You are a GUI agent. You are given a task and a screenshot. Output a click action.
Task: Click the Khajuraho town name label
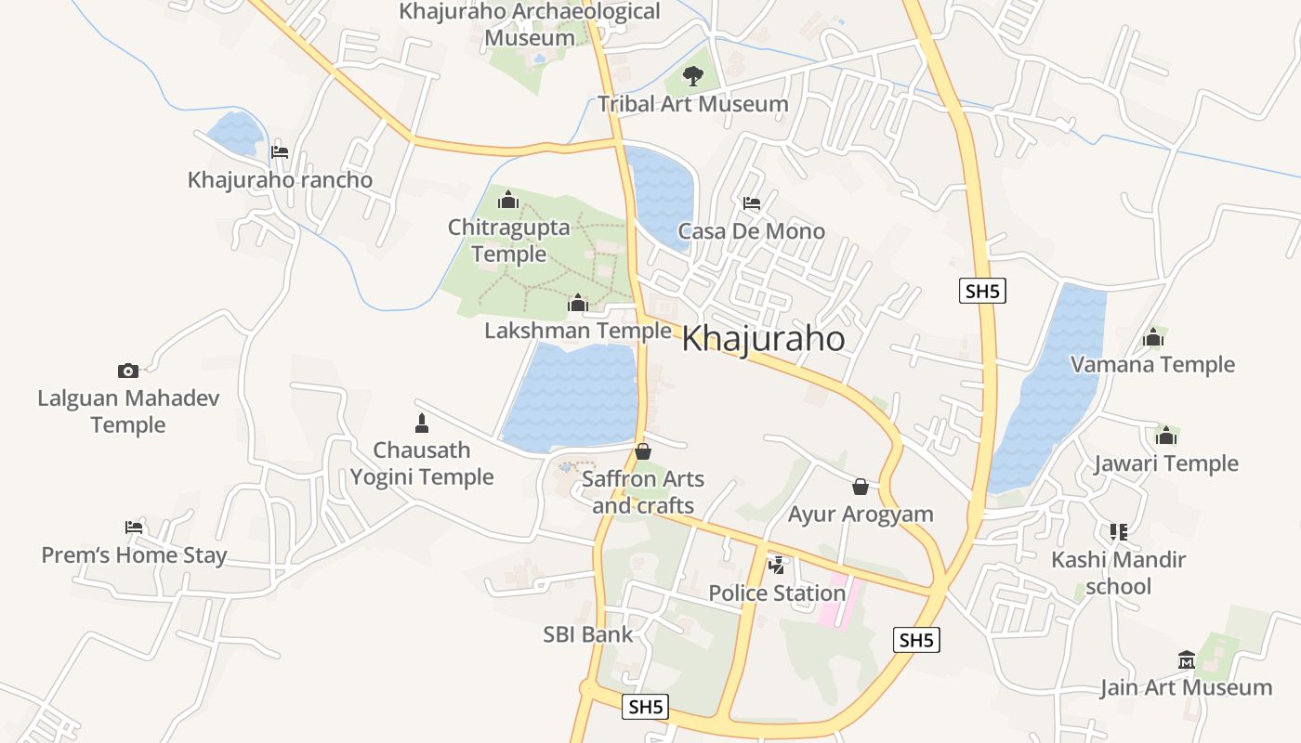click(763, 339)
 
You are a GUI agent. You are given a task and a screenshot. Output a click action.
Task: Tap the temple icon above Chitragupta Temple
click(507, 200)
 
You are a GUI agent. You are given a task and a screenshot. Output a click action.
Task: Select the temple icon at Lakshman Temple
click(578, 303)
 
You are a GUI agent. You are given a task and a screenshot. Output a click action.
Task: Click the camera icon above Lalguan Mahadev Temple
click(128, 371)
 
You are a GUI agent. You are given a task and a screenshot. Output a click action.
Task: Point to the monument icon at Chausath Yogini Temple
click(422, 424)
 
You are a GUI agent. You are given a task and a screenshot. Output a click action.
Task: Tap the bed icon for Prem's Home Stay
click(134, 528)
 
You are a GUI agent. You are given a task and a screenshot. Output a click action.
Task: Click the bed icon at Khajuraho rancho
click(280, 152)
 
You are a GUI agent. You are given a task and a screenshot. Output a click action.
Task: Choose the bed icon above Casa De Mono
click(752, 203)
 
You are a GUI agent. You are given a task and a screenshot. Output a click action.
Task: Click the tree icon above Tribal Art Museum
click(692, 76)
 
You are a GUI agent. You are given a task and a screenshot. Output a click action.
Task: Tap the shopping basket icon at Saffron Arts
click(642, 451)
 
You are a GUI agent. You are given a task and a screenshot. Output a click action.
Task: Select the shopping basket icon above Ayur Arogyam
click(861, 486)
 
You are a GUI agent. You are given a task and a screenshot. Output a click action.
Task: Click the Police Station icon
click(776, 565)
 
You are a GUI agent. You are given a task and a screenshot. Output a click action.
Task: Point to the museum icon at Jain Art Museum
click(1186, 659)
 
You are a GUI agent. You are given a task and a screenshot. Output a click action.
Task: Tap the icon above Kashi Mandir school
click(1118, 532)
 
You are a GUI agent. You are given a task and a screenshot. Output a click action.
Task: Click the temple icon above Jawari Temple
click(1166, 435)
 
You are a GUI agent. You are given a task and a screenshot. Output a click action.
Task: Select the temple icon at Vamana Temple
click(1153, 337)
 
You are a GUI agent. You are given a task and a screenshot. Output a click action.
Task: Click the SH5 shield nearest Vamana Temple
click(982, 291)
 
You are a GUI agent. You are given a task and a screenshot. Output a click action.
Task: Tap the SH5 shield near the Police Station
click(916, 639)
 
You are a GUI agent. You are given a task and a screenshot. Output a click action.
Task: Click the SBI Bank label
click(587, 634)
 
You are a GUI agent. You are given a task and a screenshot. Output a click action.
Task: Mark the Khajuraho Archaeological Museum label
click(530, 25)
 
